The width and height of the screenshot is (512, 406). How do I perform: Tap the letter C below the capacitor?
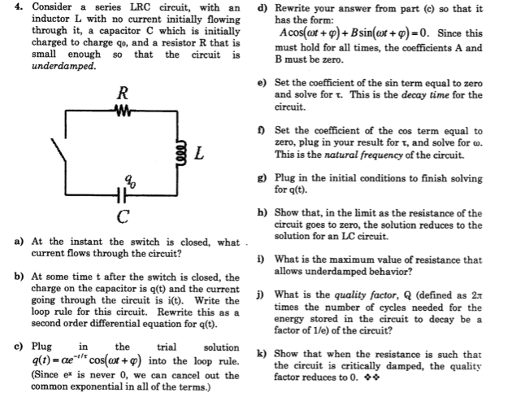point(122,216)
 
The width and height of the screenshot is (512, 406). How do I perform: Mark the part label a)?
point(18,242)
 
